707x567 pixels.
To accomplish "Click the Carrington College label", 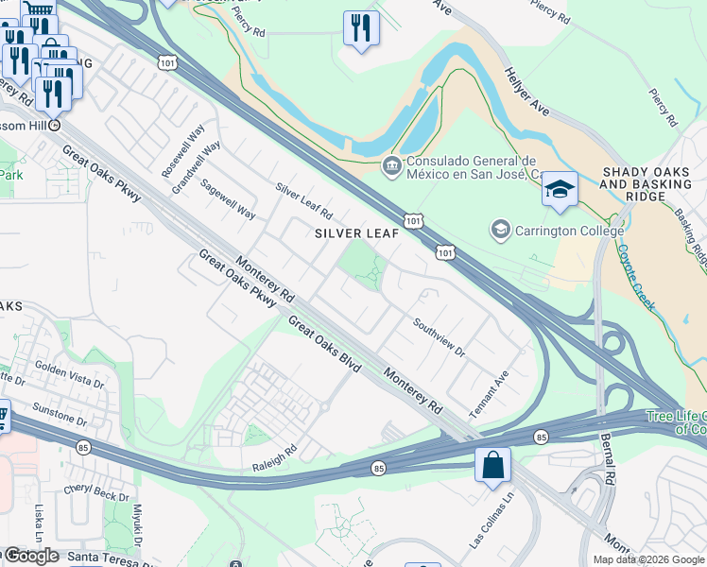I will click(x=568, y=230).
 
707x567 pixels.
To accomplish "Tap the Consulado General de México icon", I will click(x=390, y=166).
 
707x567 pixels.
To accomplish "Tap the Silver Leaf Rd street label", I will click(x=303, y=198).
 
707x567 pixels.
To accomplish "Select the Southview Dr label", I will click(x=440, y=337).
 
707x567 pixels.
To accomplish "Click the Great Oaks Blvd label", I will click(x=324, y=343).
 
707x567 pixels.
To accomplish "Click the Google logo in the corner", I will click(x=30, y=556).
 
